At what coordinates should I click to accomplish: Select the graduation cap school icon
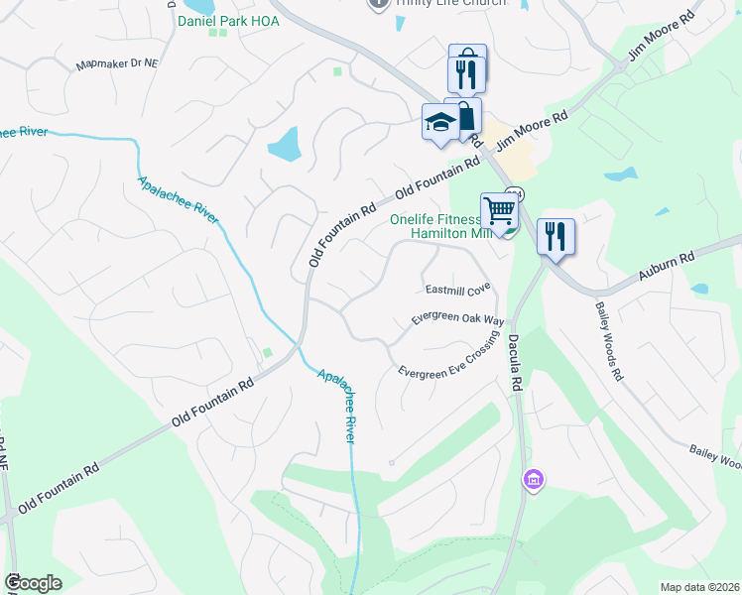point(440,123)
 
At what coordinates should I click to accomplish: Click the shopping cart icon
point(500,211)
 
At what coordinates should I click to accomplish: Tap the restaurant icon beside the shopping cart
point(556,238)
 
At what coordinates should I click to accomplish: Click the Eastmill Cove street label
point(458,289)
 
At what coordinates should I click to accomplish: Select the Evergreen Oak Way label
point(458,321)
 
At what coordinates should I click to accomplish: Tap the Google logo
point(33,583)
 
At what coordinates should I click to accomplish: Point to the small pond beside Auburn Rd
point(700,290)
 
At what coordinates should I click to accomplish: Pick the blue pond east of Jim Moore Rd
point(621,176)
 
